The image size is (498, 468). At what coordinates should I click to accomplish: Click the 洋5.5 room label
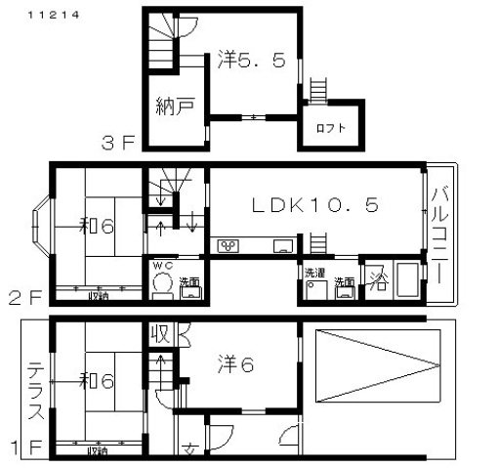click(x=252, y=61)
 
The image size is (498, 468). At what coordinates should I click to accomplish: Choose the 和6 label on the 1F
click(x=99, y=380)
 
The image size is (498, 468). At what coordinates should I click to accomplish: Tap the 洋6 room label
click(x=234, y=364)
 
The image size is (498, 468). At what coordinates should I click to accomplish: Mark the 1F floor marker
click(x=28, y=449)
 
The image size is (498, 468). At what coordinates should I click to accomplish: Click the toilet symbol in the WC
click(x=162, y=284)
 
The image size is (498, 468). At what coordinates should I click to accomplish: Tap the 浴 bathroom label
click(x=377, y=279)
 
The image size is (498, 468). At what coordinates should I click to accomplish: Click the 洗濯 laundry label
click(x=314, y=271)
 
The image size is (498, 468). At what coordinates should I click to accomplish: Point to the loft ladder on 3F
click(x=317, y=90)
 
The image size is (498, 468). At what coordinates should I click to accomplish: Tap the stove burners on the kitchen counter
click(x=230, y=245)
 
